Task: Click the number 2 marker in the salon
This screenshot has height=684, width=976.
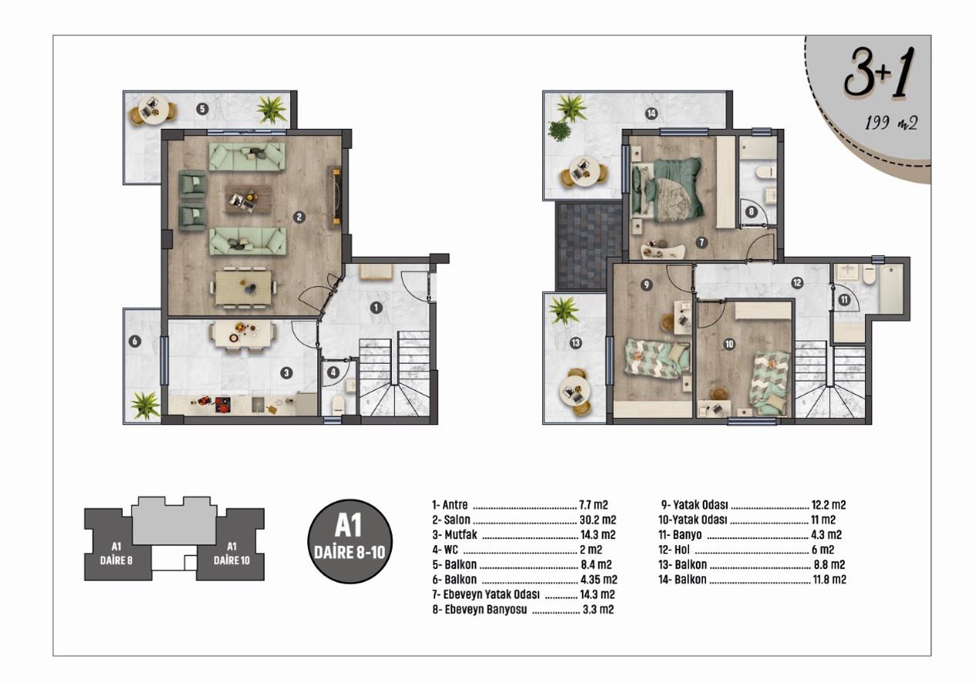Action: [x=299, y=217]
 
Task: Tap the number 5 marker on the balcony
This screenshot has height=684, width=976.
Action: [x=202, y=109]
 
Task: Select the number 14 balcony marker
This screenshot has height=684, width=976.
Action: [x=651, y=113]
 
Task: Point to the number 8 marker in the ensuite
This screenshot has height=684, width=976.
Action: [x=751, y=212]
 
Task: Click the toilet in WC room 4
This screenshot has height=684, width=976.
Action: [x=339, y=405]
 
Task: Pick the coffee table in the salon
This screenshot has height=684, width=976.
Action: [x=248, y=200]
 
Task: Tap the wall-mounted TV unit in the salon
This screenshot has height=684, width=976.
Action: [x=336, y=196]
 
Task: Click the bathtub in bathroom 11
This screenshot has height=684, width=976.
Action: [x=891, y=289]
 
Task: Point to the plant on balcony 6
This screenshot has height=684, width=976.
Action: [x=145, y=405]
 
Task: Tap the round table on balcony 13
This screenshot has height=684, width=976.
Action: [x=575, y=391]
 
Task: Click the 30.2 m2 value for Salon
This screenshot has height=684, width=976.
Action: [x=598, y=520]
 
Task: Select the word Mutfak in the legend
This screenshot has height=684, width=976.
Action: [x=461, y=534]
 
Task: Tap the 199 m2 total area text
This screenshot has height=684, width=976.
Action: [x=891, y=123]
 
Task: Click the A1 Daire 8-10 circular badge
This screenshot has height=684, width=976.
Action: [x=350, y=541]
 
